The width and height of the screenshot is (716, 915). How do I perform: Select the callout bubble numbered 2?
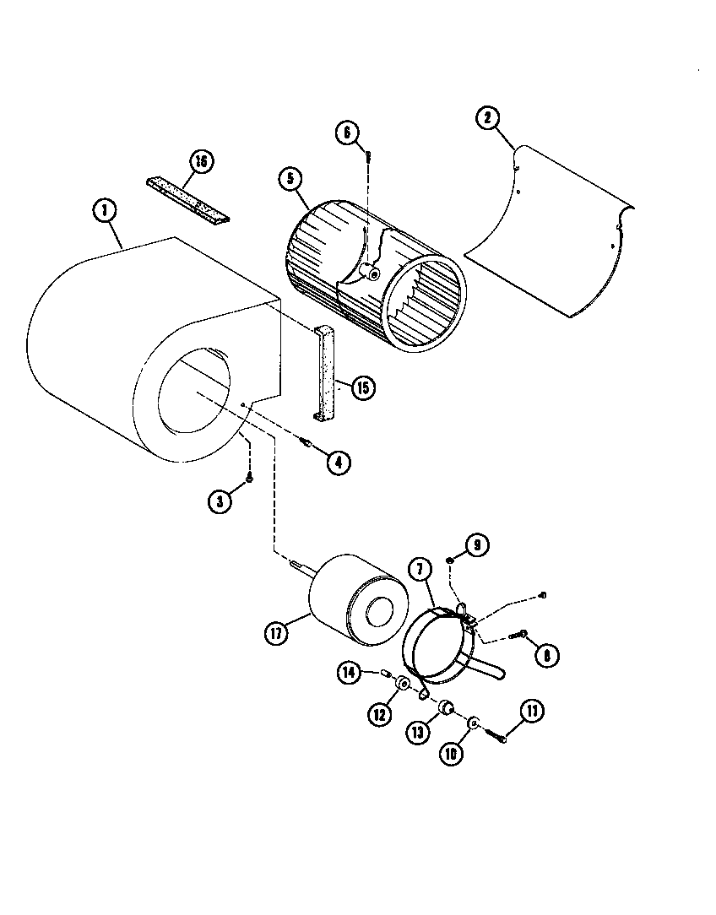(486, 117)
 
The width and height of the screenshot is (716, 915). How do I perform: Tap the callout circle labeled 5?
(290, 179)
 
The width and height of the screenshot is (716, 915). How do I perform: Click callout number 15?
(364, 387)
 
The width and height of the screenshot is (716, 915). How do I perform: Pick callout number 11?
(531, 712)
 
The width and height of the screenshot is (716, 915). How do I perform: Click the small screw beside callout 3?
(251, 479)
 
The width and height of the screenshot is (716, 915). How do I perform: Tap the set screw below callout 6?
(369, 154)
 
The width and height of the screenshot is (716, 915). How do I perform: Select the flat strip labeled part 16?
(187, 202)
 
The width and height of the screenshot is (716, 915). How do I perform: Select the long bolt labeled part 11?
(499, 735)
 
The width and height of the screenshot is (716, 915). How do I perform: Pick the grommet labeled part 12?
(403, 683)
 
